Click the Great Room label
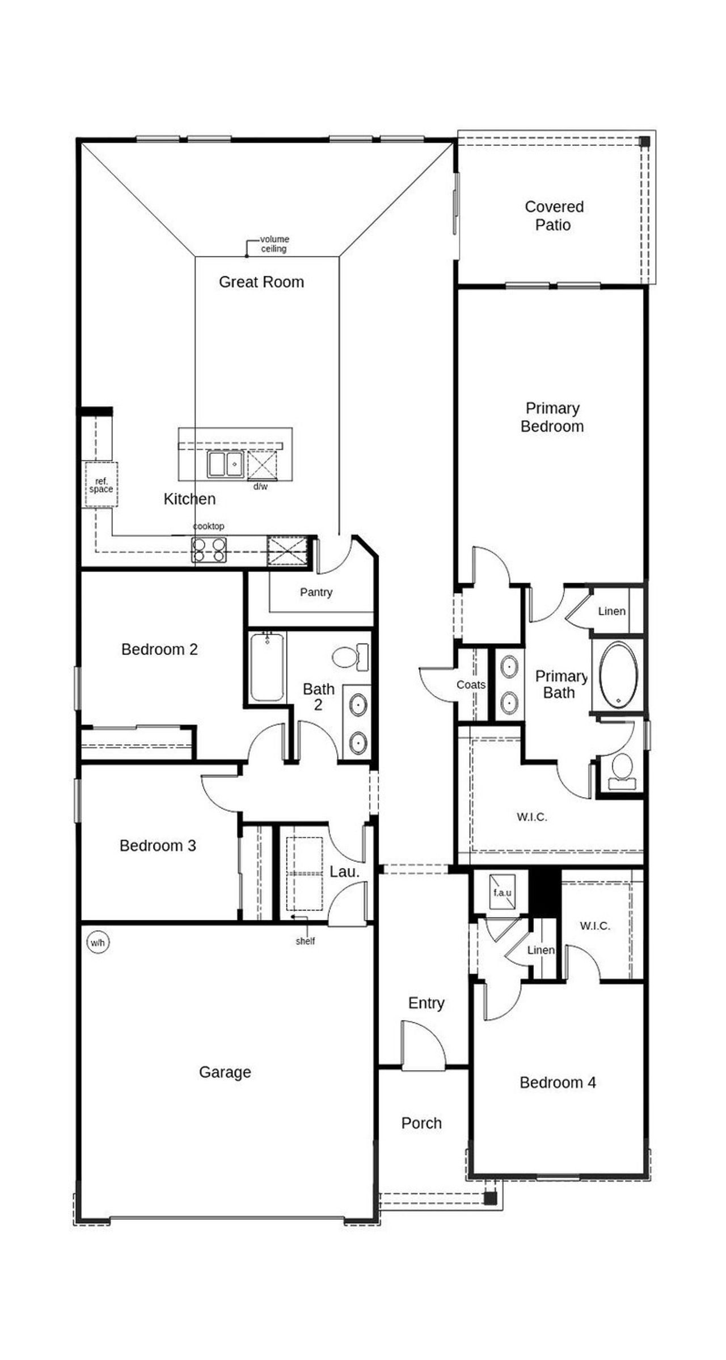tap(261, 282)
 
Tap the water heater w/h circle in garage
tap(98, 943)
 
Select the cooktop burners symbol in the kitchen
tap(209, 549)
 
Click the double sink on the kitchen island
tap(225, 464)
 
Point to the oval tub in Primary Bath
tap(618, 675)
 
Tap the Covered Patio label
tap(554, 216)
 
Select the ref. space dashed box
tap(101, 485)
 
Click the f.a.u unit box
tap(503, 892)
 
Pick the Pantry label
tap(316, 592)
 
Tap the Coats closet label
tap(471, 685)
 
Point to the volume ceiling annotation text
tap(274, 244)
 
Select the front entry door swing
tap(423, 1046)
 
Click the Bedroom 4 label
tap(558, 1083)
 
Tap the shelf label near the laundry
tap(305, 941)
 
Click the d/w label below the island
tap(260, 487)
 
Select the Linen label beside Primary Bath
tap(611, 611)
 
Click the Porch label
tap(421, 1123)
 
